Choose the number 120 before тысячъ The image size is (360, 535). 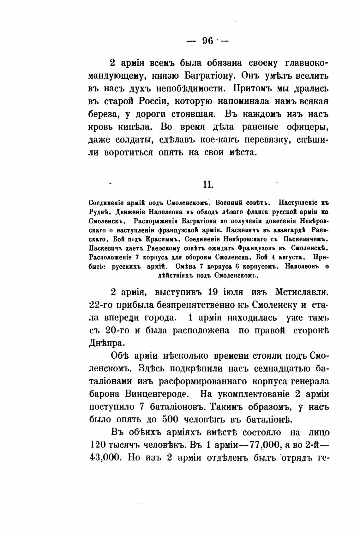coord(95,445)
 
